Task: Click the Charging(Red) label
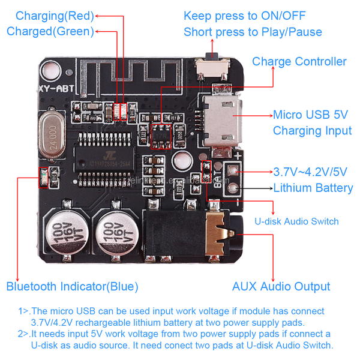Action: [x=55, y=16]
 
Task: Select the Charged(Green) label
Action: [x=50, y=31]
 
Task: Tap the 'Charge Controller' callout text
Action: [x=299, y=61]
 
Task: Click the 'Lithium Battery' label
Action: [x=313, y=188]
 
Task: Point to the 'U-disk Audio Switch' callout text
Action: [x=297, y=221]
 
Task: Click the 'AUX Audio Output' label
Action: [x=281, y=286]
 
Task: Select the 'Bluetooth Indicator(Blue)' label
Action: [x=72, y=286]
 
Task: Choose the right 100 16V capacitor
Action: [x=118, y=231]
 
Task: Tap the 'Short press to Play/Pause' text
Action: [x=253, y=32]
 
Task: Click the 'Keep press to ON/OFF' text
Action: [x=244, y=16]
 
